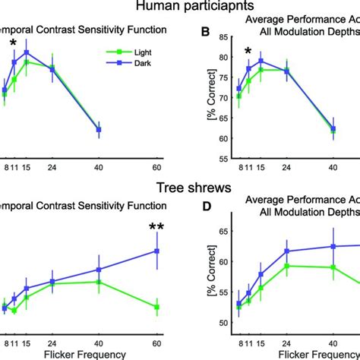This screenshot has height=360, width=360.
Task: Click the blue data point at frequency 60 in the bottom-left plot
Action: (156, 251)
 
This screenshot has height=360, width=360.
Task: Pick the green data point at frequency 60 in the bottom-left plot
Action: (156, 307)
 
